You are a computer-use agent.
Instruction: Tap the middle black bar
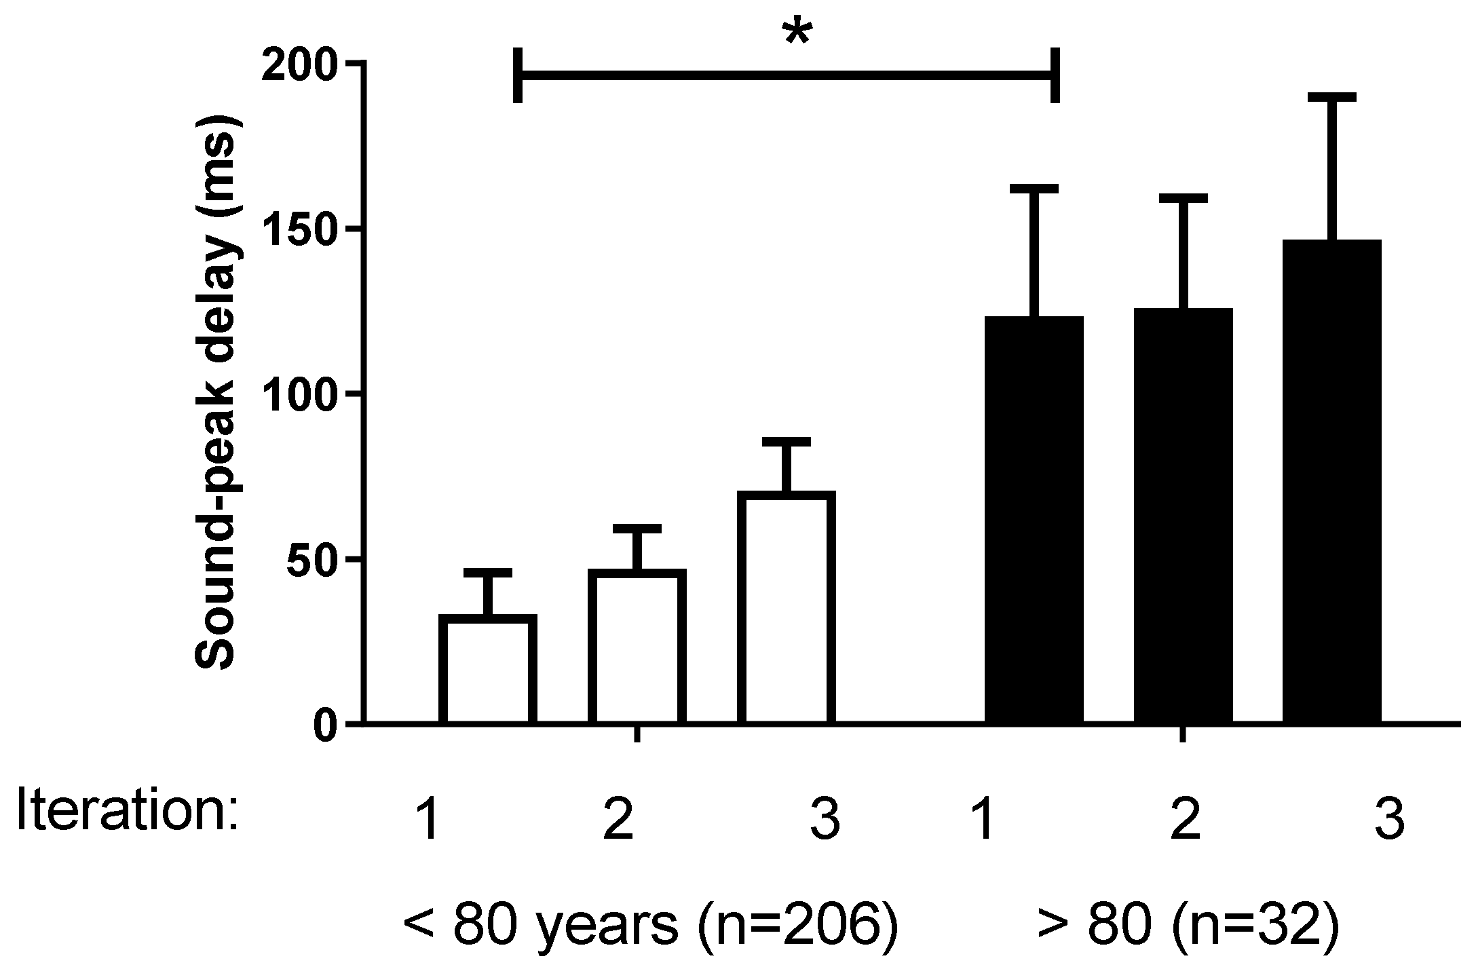[x=1184, y=516]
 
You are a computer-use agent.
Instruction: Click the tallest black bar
[x=1332, y=482]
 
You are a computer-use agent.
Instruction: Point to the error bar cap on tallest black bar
[x=1332, y=98]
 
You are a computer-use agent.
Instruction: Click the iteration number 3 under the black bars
[x=1392, y=820]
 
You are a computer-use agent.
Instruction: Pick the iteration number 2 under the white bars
[x=618, y=820]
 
